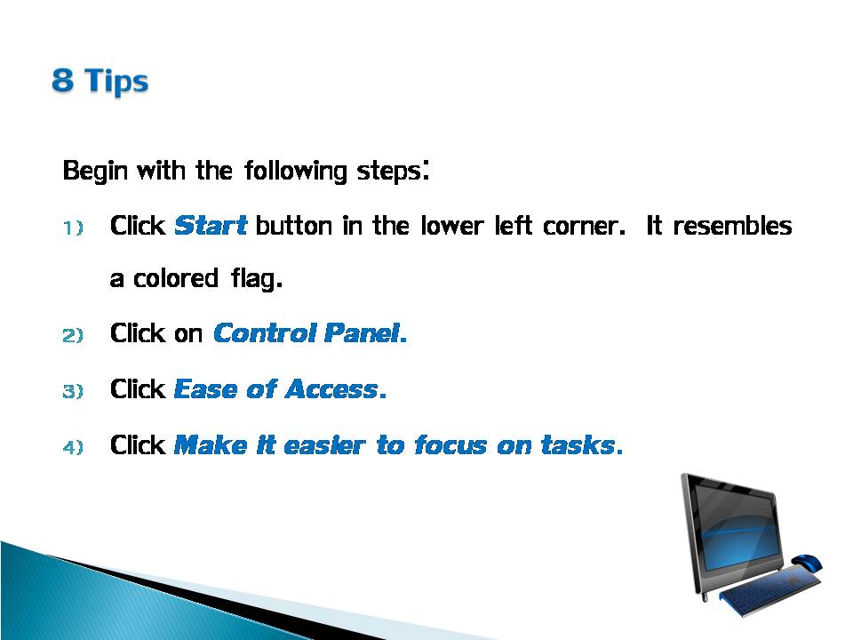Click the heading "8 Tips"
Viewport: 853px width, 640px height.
(100, 81)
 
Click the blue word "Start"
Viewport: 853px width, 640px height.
(211, 225)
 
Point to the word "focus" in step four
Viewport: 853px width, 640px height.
(451, 445)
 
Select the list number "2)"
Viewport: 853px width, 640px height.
(73, 335)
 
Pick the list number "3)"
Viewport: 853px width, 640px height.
(73, 391)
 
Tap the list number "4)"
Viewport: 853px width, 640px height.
(73, 447)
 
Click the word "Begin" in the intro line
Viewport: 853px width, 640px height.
(95, 171)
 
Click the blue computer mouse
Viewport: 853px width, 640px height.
(807, 562)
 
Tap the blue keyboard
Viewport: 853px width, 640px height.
(769, 591)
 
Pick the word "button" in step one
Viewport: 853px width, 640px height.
(294, 225)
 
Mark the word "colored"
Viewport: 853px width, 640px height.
(176, 278)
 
